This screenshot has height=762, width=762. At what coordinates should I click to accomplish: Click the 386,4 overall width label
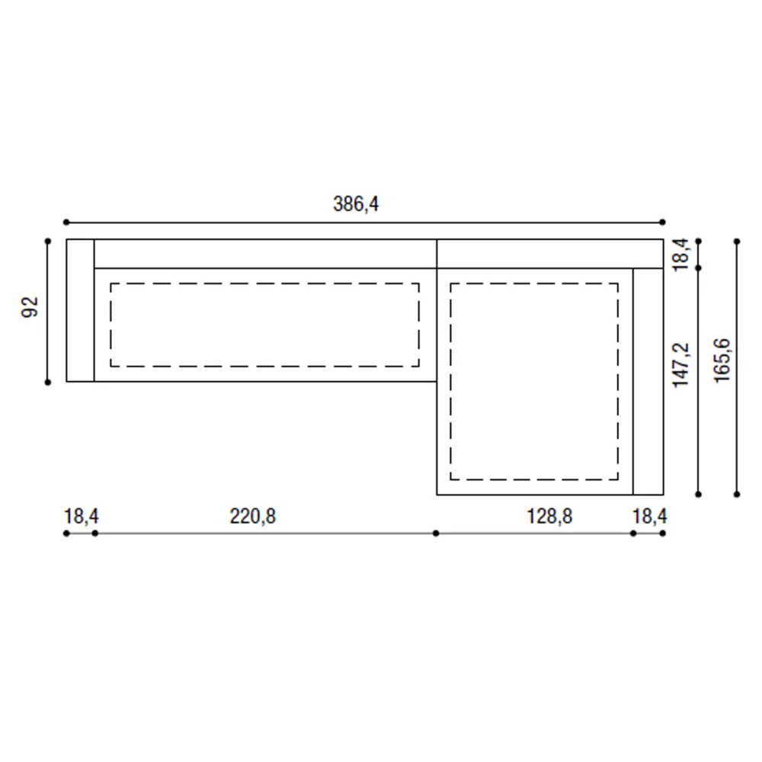[356, 203]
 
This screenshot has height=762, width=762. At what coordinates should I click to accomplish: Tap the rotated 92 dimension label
[30, 307]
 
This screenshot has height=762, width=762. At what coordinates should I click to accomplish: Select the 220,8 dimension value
[253, 516]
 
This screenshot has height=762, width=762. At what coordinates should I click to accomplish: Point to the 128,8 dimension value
[549, 516]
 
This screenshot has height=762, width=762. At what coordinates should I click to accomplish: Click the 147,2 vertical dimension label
[680, 365]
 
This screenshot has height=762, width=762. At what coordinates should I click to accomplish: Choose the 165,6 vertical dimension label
[722, 360]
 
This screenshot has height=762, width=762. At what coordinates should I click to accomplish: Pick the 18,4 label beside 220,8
[82, 516]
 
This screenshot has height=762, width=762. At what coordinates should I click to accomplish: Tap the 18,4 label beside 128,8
[649, 516]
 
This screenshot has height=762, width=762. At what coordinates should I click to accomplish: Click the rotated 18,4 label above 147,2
[680, 255]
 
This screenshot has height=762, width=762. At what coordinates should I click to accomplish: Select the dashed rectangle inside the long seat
[265, 283]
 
